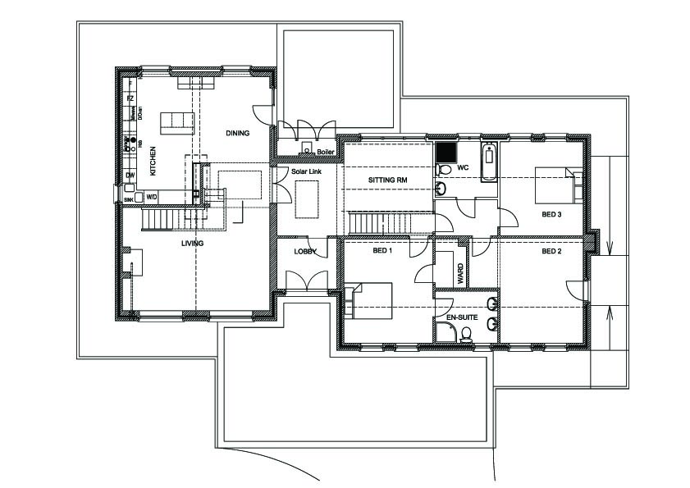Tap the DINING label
(x=237, y=133)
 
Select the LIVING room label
(x=193, y=244)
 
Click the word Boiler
(x=326, y=152)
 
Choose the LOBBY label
(x=305, y=252)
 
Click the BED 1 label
(x=382, y=251)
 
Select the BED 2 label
(x=551, y=251)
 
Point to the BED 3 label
(x=551, y=214)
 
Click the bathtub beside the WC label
(x=489, y=162)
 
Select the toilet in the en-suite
(x=467, y=334)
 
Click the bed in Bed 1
(x=370, y=299)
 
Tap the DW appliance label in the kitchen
(x=130, y=176)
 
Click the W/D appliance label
(x=152, y=196)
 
